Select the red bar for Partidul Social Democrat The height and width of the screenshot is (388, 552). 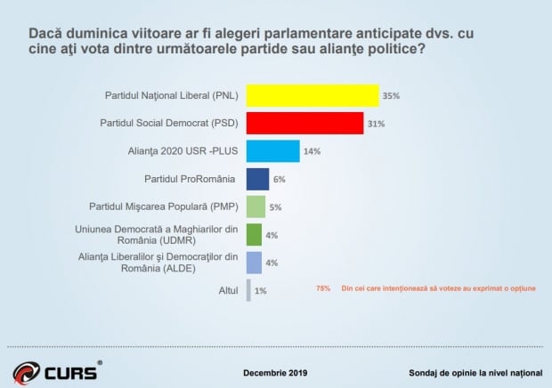[x=304, y=123]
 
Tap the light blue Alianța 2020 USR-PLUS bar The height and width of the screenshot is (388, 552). [x=272, y=151]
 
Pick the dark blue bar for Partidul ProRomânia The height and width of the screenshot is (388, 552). [x=257, y=179]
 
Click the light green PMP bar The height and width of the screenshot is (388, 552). [x=256, y=207]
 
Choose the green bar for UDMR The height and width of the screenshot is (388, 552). [x=254, y=235]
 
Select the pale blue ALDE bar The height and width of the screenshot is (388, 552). [x=254, y=263]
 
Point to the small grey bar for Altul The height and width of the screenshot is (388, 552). [x=248, y=290]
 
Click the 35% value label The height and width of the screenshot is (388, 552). [x=390, y=96]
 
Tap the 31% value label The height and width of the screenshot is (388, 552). [x=375, y=124]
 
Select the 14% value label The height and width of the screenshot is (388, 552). [x=312, y=152]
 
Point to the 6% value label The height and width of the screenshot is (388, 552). [x=279, y=180]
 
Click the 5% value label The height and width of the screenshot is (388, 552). [x=275, y=208]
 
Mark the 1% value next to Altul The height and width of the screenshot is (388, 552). [x=260, y=291]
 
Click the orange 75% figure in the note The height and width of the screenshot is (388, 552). [x=322, y=287]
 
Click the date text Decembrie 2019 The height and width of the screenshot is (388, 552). [x=275, y=372]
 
